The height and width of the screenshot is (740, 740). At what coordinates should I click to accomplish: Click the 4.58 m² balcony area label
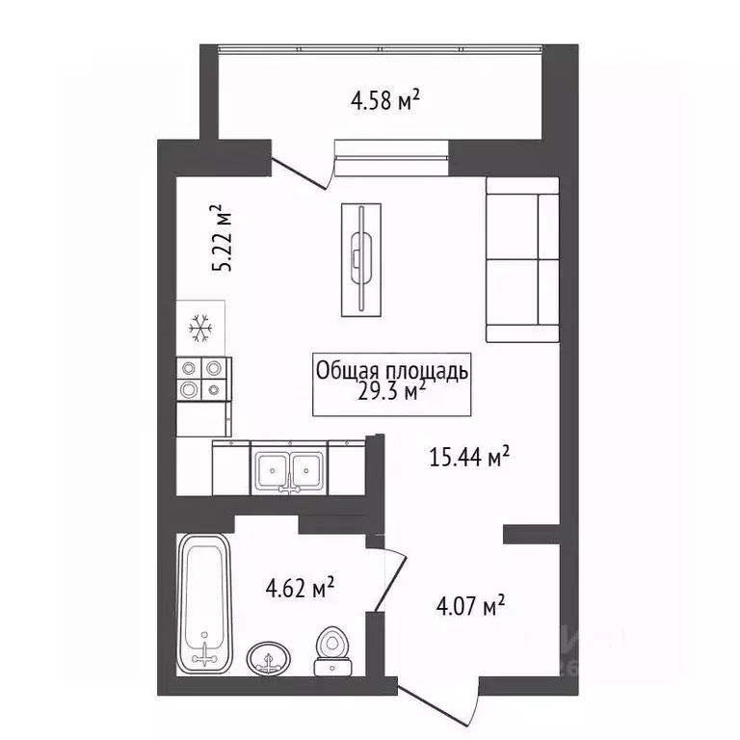click(383, 99)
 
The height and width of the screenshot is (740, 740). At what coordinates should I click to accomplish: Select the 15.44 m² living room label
click(469, 457)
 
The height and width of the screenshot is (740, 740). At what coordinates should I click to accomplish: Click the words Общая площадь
click(392, 369)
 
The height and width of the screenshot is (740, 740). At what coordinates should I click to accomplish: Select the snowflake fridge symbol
click(200, 330)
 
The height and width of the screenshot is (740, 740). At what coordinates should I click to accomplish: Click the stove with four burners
click(203, 378)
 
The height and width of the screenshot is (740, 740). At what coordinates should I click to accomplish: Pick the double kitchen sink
click(289, 467)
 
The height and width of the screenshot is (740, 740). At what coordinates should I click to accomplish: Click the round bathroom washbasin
click(269, 660)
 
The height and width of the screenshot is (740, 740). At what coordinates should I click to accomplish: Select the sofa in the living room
click(521, 260)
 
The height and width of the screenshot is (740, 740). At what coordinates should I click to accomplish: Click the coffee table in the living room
click(361, 260)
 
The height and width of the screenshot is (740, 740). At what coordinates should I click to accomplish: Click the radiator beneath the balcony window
click(390, 147)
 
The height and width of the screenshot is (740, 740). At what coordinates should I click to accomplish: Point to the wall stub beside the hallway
click(532, 533)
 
